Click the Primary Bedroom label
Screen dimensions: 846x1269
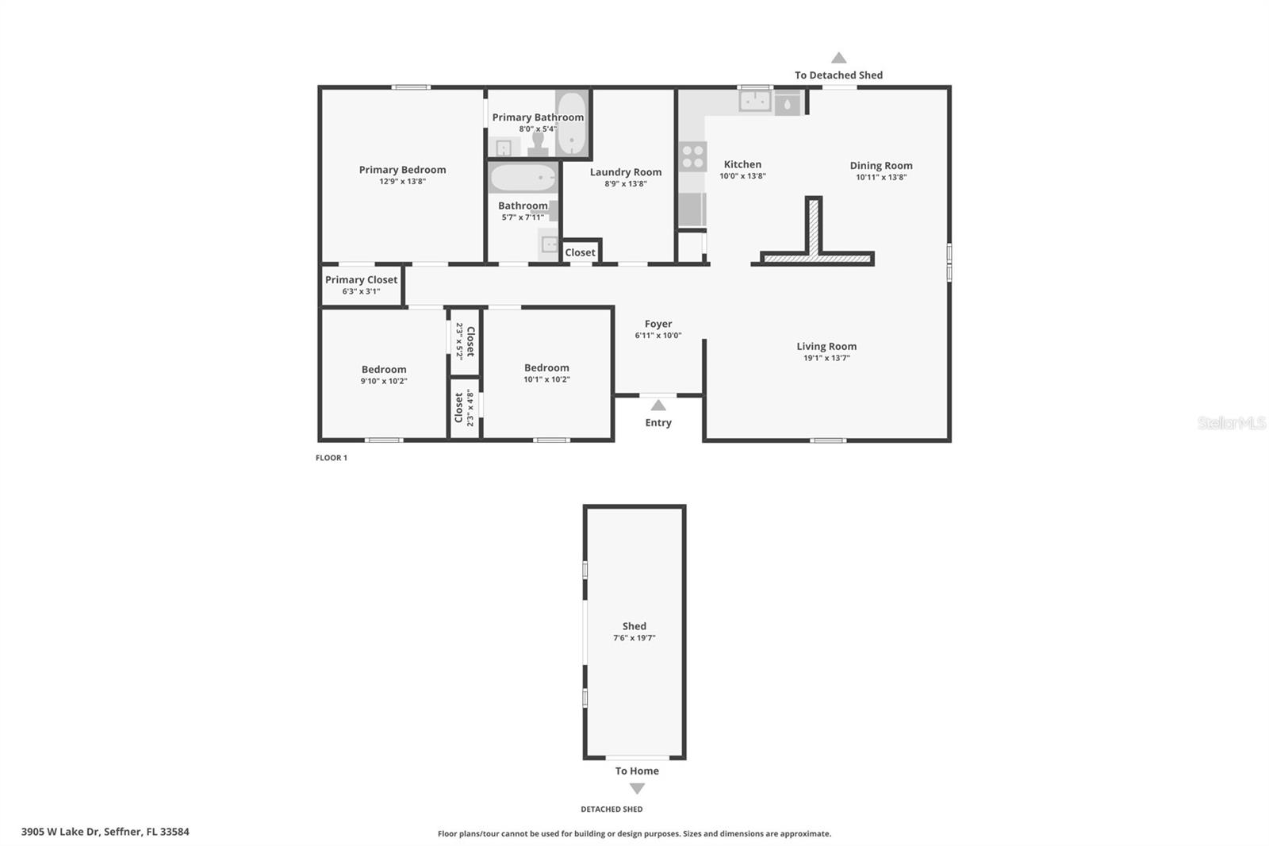(x=402, y=170)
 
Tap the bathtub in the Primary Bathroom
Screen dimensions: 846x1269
(x=571, y=125)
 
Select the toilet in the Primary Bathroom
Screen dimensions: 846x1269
(x=539, y=144)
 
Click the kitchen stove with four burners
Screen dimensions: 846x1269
(x=693, y=156)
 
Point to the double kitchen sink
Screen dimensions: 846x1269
(x=755, y=102)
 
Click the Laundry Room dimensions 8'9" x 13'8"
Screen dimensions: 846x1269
(x=626, y=184)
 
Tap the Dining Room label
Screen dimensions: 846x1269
(x=881, y=166)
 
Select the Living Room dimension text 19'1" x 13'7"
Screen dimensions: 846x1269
(x=826, y=358)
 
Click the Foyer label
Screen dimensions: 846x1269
(x=658, y=324)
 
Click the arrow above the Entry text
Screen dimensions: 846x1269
(x=658, y=406)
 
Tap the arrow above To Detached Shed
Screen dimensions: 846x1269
(x=838, y=58)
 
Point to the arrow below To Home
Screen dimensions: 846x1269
(x=637, y=789)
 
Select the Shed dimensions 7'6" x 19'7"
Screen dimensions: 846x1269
(x=634, y=638)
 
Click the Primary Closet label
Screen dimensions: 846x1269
(x=361, y=280)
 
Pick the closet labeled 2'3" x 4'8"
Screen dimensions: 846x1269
(x=464, y=409)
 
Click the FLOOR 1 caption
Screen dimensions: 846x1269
(x=332, y=458)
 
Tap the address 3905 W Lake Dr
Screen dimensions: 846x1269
(x=105, y=832)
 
